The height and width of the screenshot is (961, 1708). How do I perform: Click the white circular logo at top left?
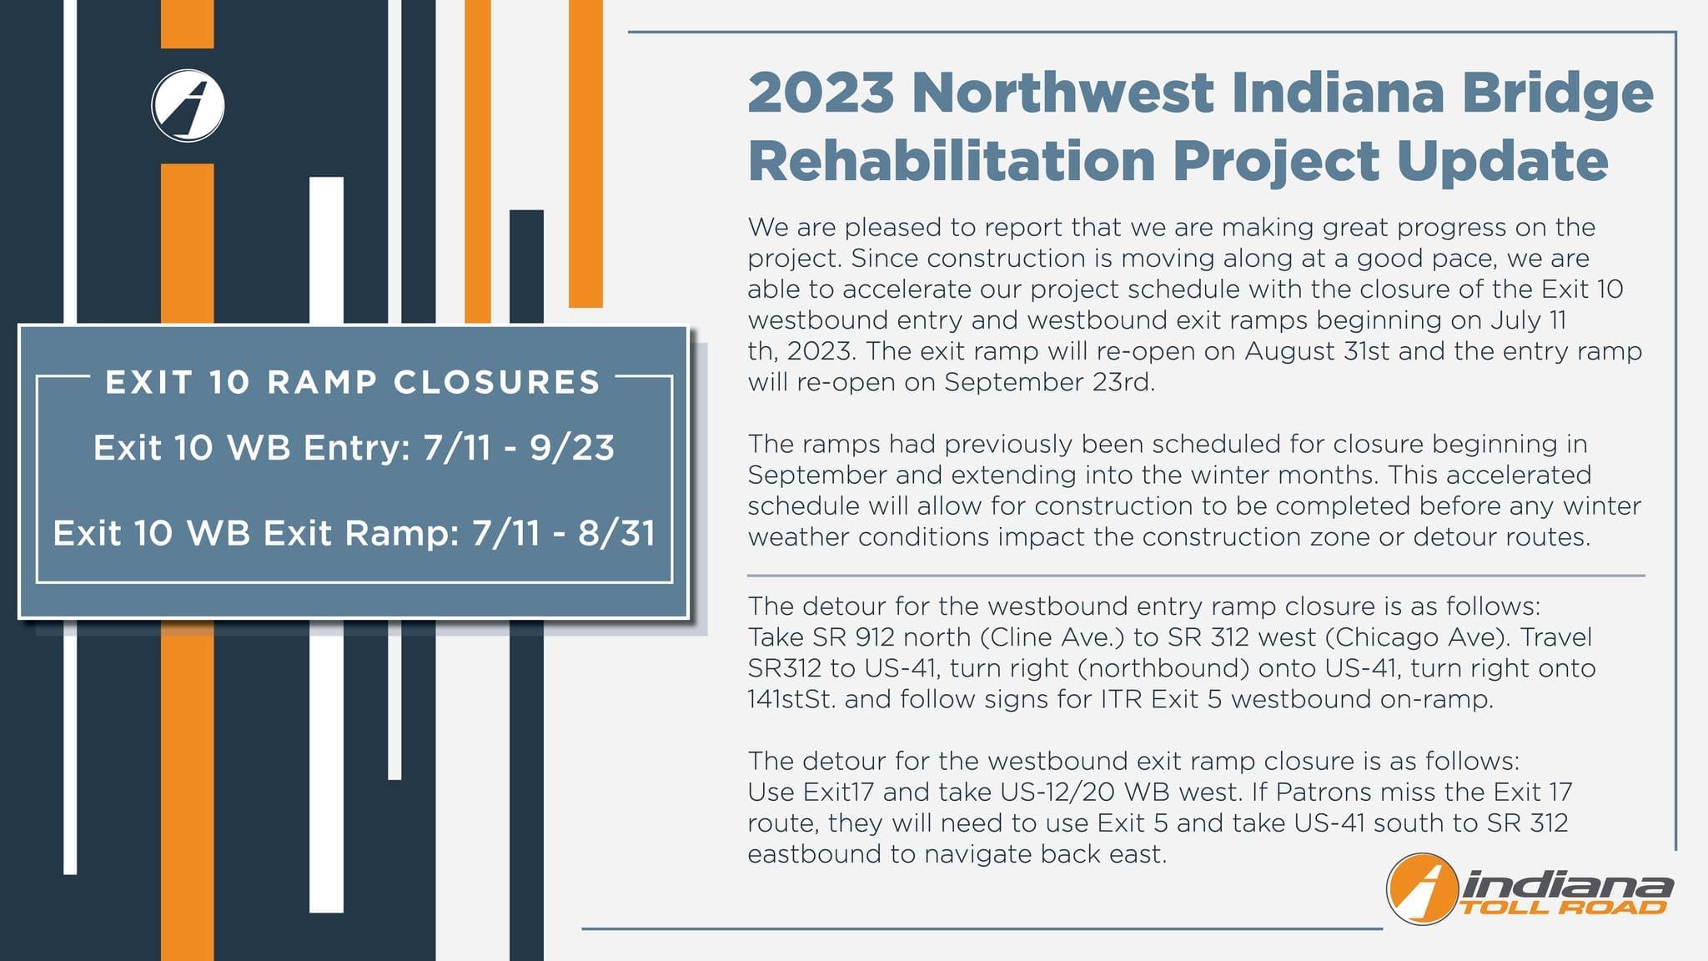click(188, 106)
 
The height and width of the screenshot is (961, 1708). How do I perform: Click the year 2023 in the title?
click(821, 93)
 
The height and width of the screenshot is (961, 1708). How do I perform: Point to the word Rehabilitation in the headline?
click(952, 160)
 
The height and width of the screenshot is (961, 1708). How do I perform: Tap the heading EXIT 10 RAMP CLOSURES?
click(353, 382)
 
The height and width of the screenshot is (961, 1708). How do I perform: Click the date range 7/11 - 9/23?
click(519, 448)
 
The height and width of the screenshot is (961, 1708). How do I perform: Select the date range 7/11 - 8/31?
click(564, 533)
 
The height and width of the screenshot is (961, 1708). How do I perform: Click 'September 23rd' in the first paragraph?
click(1049, 382)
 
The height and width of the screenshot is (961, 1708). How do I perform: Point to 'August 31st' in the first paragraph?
click(1317, 351)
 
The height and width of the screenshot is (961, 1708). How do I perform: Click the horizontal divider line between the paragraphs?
click(1196, 576)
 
